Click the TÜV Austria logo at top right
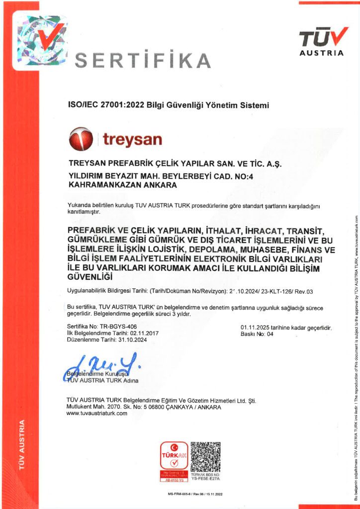coord(323,40)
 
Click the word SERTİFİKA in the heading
coord(142,61)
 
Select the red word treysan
coord(132,139)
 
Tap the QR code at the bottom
coord(205,456)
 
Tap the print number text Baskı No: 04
coord(257,334)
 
